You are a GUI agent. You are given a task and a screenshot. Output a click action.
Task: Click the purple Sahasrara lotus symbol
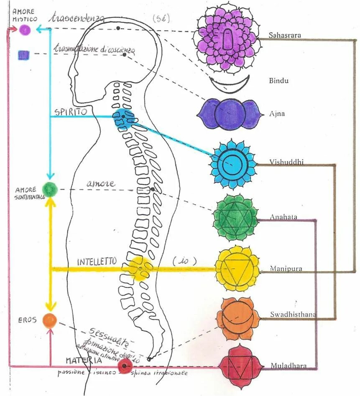click(226, 38)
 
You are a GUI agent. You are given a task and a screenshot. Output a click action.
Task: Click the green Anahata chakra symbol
click(236, 217)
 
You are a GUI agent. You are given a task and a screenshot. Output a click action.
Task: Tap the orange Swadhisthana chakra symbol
click(236, 319)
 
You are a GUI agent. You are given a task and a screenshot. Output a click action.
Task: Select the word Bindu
click(278, 81)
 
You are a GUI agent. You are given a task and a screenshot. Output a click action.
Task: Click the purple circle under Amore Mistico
click(25, 30)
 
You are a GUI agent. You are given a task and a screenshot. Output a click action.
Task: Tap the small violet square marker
click(24, 54)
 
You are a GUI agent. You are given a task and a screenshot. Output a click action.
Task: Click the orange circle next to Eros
click(50, 320)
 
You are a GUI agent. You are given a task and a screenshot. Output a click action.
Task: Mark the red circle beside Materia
click(123, 366)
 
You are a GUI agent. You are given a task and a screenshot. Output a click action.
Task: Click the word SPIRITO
click(70, 112)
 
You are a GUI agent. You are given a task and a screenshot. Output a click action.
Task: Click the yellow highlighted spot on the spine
click(139, 267)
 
